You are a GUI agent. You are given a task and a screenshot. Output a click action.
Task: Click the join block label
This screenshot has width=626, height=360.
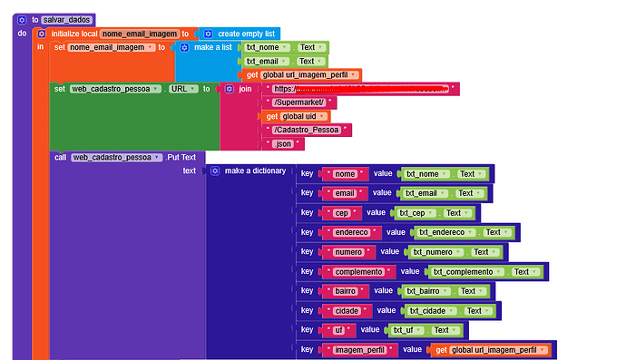point(244,89)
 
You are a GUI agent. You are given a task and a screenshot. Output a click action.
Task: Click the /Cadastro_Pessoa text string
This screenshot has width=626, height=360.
point(306,130)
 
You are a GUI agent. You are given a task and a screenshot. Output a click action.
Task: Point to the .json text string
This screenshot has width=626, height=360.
point(283,143)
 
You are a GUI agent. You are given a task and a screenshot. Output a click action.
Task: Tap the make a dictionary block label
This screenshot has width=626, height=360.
point(254,170)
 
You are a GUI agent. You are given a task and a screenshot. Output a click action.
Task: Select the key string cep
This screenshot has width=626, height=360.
point(341,213)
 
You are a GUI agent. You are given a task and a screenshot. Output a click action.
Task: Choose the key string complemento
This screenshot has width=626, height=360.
point(357,271)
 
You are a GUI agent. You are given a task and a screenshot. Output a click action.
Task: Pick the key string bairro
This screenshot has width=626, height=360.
point(345,291)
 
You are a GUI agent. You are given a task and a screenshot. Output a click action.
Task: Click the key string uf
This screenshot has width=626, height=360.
point(337,329)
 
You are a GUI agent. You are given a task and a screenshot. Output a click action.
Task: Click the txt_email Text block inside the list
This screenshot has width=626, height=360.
point(286,61)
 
